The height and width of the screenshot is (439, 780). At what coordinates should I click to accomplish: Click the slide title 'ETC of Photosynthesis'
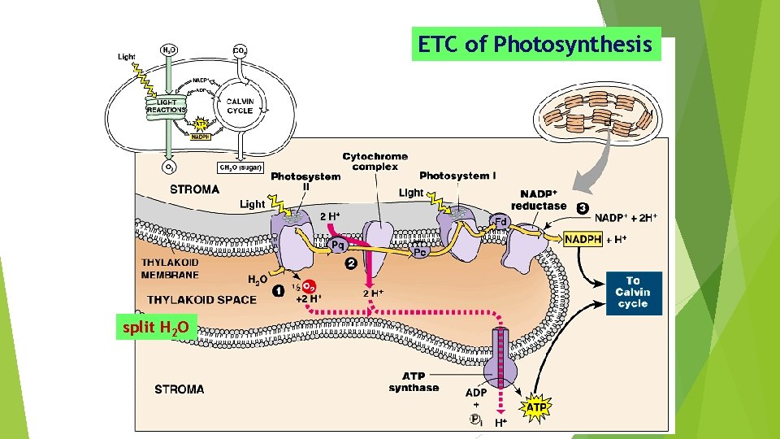coord(535,45)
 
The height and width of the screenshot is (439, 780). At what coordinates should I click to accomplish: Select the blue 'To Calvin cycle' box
coord(634,292)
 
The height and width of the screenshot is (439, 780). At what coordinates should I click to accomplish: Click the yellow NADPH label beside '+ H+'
coord(583,239)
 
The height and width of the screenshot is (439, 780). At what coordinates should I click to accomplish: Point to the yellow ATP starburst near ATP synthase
coord(537,406)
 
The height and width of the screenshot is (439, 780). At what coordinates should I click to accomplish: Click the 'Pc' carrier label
coord(421,252)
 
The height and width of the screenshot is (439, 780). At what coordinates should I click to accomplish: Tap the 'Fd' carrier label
coord(501,221)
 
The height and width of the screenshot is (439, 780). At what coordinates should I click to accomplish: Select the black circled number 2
coord(351,263)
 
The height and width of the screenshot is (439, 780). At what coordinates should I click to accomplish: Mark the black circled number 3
coord(582,207)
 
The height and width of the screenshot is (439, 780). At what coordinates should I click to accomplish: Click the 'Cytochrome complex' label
coord(375,161)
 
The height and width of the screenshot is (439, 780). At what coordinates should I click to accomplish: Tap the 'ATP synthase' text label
coord(414,382)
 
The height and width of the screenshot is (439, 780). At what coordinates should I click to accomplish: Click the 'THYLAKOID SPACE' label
coord(202,299)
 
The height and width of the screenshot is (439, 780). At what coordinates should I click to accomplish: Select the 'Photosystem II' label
coord(305,181)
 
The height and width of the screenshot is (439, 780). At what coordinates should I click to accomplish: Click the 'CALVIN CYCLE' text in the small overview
coord(240,106)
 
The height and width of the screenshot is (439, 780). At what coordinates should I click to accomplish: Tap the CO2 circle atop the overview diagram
coord(240,50)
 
